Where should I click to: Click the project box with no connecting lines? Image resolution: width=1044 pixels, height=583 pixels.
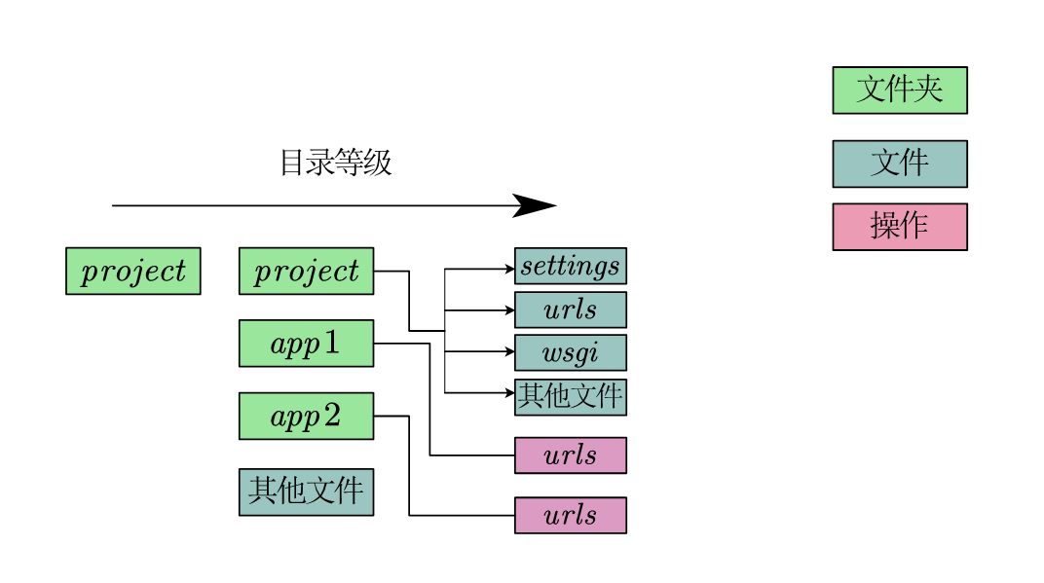133,271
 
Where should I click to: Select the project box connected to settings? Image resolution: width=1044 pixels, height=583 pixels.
306,271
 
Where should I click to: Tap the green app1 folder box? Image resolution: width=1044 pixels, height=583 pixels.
306,344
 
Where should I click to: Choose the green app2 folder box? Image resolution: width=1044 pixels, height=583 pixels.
306,417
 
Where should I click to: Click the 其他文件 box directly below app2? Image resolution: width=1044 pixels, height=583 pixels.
306,492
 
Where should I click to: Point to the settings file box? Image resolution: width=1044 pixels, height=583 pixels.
570,266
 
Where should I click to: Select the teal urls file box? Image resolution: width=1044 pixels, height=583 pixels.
570,310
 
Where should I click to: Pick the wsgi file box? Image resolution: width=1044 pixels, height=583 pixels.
570,352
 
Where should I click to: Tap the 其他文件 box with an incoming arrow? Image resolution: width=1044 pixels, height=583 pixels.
570,396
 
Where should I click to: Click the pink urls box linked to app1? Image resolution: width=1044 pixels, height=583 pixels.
570,455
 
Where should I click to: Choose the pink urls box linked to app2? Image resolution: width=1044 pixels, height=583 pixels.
570,515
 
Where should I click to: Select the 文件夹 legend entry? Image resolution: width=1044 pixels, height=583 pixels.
899,91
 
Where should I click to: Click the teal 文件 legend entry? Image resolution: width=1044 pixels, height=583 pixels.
899,164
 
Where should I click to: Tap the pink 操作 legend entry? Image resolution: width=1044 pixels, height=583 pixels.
899,227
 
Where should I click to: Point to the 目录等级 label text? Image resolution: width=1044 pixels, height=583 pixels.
335,163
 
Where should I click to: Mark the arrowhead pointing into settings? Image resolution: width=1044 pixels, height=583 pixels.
508,267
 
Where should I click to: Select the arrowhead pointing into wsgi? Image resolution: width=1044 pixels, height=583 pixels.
508,352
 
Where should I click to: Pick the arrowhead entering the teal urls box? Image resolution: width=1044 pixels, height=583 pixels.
508,310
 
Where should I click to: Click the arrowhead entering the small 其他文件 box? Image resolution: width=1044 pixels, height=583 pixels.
508,393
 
